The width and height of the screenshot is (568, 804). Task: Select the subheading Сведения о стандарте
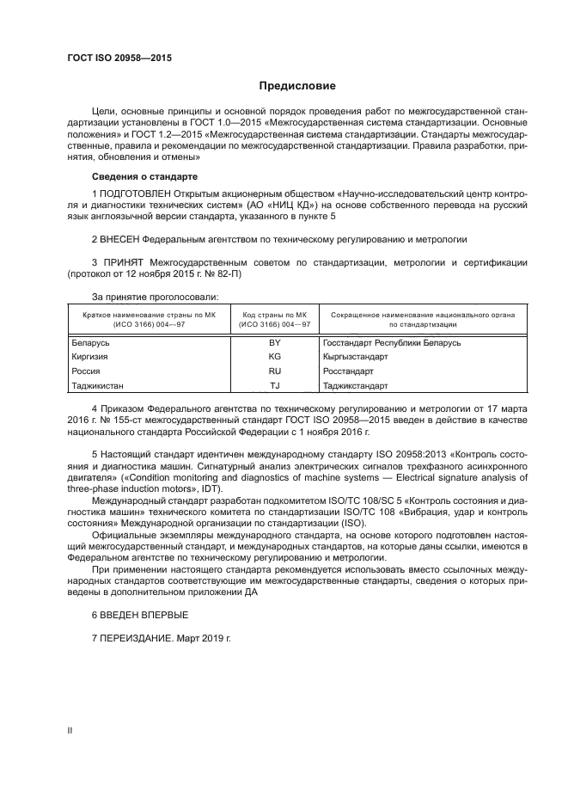point(137,175)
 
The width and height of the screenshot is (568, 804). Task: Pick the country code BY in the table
point(275,342)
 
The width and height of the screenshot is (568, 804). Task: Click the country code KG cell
point(275,356)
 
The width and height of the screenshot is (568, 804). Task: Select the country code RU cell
point(275,371)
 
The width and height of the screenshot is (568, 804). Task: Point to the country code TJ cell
point(275,385)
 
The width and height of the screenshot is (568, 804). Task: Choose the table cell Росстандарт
point(348,371)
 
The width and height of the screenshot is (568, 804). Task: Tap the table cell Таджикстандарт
point(356,385)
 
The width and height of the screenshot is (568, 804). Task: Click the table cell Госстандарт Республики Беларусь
point(392,342)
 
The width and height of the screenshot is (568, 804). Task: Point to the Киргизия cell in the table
point(89,356)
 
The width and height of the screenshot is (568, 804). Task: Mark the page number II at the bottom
point(70,729)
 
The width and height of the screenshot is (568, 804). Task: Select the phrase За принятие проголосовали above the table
point(143,297)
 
